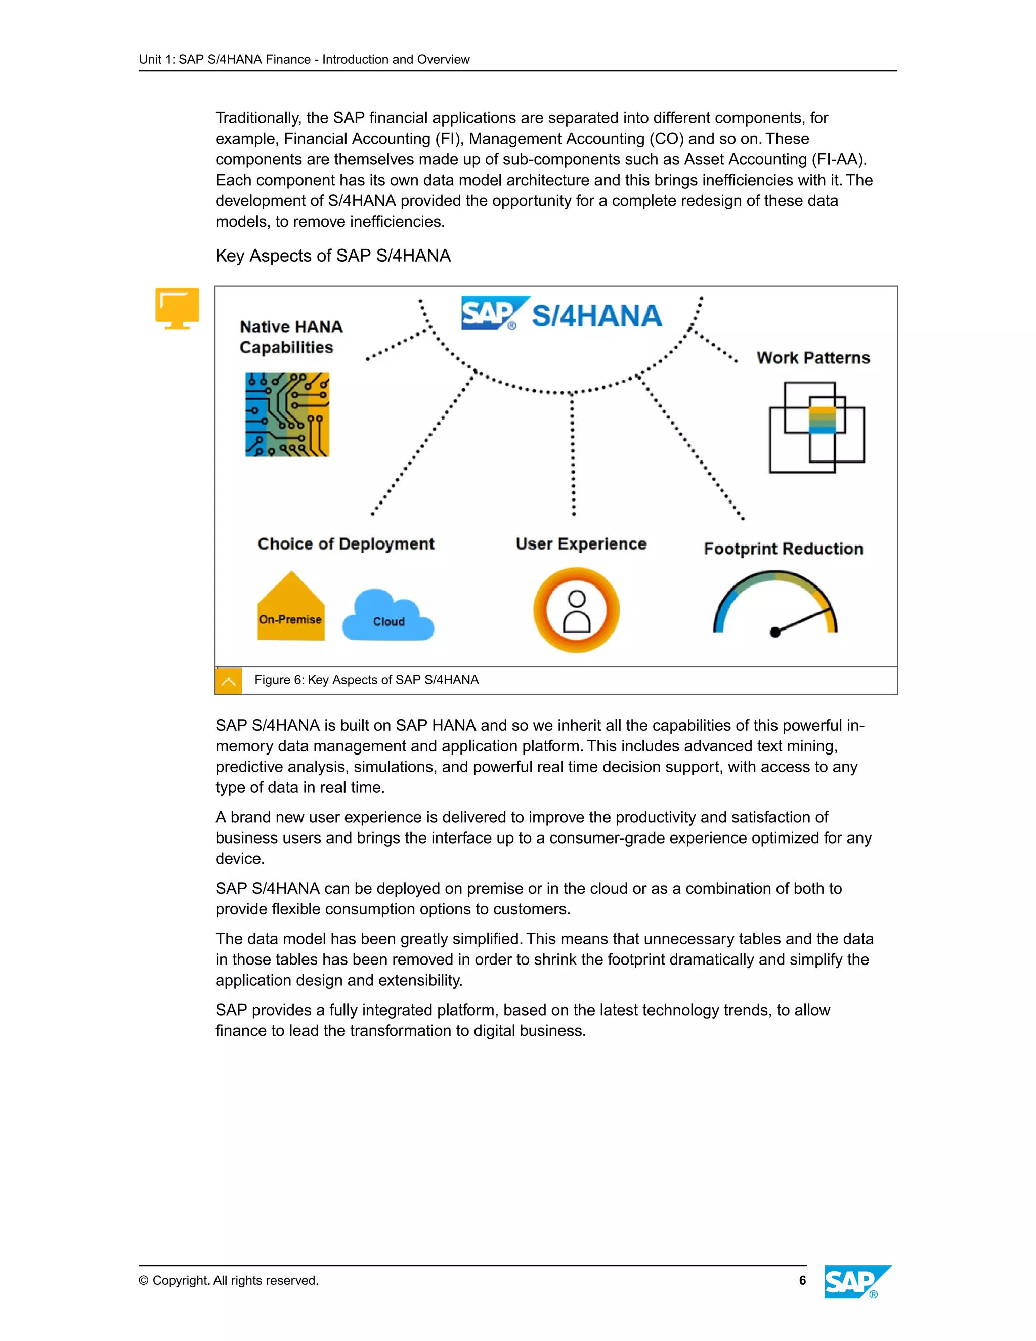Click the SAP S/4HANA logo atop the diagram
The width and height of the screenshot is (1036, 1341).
point(562,314)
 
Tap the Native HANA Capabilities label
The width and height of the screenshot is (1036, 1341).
point(290,337)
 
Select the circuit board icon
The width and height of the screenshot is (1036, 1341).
point(287,414)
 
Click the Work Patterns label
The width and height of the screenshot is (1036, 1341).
point(812,357)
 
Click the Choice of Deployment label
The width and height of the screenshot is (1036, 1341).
point(346,544)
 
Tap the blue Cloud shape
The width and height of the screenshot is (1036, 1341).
point(388,616)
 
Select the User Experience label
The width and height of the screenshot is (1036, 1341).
point(581,544)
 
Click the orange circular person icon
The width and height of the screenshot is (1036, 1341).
point(576,610)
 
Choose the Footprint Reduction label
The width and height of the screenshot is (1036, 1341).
point(783,549)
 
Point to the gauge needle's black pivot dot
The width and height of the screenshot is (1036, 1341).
point(775,633)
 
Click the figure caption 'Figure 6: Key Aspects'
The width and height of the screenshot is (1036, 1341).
point(366,680)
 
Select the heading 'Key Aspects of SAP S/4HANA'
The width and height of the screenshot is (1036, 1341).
point(333,256)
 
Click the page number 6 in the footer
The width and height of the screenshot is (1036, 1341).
point(802,1280)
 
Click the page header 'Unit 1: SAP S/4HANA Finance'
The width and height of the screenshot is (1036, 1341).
point(305,60)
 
